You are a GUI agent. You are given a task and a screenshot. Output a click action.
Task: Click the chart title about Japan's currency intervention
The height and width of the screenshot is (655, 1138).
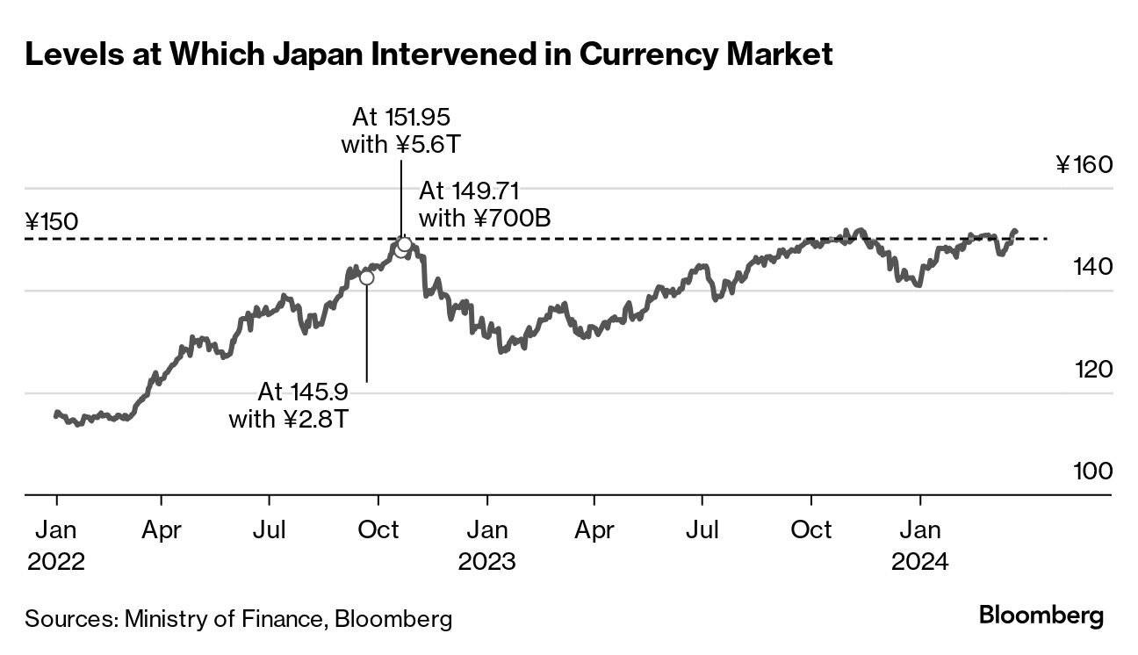[429, 55]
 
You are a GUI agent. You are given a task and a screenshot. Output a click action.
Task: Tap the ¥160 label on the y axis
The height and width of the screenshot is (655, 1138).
[1084, 165]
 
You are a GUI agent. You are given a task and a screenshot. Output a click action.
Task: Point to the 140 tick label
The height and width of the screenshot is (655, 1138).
[1092, 266]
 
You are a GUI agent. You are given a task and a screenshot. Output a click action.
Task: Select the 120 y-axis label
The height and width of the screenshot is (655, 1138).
[1092, 369]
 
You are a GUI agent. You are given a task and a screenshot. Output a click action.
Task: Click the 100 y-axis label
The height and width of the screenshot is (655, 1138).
[1092, 471]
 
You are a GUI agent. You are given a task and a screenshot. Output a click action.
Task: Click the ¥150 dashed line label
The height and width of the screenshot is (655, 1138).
[52, 221]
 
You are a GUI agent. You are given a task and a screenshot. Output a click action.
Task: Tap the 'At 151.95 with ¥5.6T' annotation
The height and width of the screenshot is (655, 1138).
[401, 130]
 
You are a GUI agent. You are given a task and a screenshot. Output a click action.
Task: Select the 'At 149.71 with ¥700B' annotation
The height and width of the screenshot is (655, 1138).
[485, 204]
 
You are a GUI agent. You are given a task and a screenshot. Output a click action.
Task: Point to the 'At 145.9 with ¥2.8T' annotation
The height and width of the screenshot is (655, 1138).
[290, 405]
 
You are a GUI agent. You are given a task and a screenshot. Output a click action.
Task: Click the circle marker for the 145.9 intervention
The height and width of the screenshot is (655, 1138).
[366, 277]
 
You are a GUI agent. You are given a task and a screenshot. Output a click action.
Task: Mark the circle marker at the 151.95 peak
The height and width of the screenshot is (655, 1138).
[404, 243]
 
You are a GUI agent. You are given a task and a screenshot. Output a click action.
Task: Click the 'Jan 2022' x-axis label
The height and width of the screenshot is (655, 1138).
[56, 545]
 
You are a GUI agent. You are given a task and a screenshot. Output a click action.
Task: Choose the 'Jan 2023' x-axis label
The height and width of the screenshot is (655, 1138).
[486, 545]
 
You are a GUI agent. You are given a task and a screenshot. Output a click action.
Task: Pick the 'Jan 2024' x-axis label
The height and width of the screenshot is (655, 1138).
[919, 545]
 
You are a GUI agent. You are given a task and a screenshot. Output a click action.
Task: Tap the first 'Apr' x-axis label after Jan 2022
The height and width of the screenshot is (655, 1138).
[162, 530]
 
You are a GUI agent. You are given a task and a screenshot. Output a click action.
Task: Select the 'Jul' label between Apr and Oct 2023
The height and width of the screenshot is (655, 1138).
[702, 530]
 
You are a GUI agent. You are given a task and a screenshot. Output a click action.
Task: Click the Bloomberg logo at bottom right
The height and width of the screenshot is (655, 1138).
[1041, 615]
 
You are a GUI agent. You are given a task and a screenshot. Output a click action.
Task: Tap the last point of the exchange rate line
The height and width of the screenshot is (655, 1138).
[1016, 232]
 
